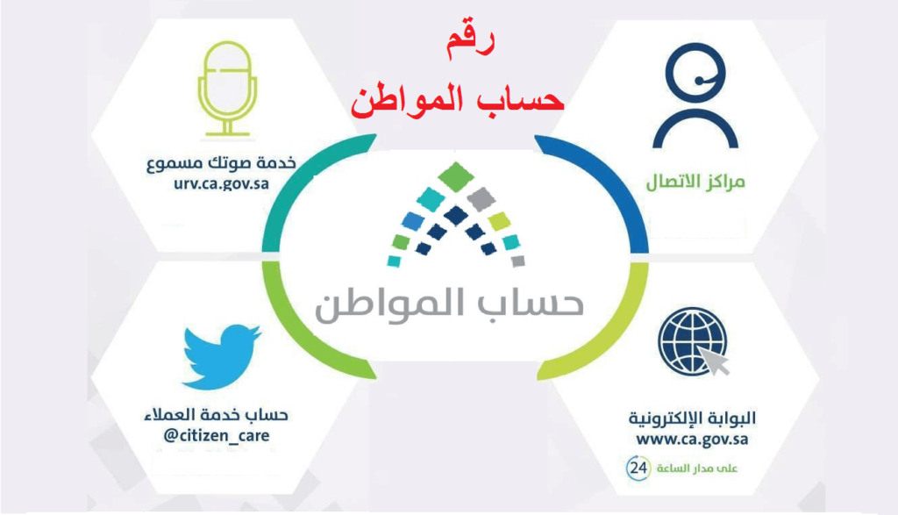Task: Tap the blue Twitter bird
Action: click(x=220, y=356)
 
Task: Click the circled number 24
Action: click(x=638, y=468)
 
